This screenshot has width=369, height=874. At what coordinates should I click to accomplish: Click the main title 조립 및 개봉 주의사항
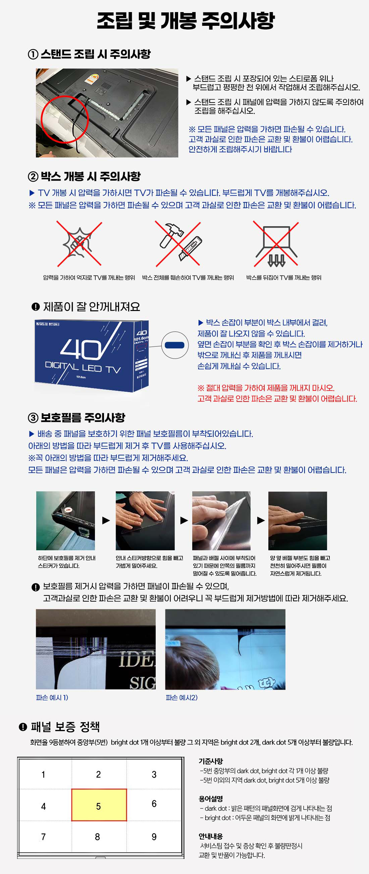pyautogui.click(x=186, y=21)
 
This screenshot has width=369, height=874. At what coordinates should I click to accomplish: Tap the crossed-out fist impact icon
pyautogui.click(x=79, y=243)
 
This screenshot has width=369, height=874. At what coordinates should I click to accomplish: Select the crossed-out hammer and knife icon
pyautogui.click(x=178, y=243)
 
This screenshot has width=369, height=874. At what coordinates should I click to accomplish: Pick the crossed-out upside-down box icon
pyautogui.click(x=276, y=243)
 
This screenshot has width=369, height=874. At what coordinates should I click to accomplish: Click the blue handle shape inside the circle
pyautogui.click(x=174, y=345)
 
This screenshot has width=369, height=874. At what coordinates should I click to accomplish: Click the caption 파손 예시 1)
pyautogui.click(x=52, y=698)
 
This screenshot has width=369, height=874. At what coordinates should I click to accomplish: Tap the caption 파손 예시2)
pyautogui.click(x=181, y=698)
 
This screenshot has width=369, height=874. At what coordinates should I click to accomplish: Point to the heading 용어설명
pyautogui.click(x=210, y=799)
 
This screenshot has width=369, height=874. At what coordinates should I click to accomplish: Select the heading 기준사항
pyautogui.click(x=210, y=761)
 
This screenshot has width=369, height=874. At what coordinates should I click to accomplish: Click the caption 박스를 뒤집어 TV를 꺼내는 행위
pyautogui.click(x=284, y=277)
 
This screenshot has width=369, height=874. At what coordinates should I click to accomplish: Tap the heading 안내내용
pyautogui.click(x=210, y=836)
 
